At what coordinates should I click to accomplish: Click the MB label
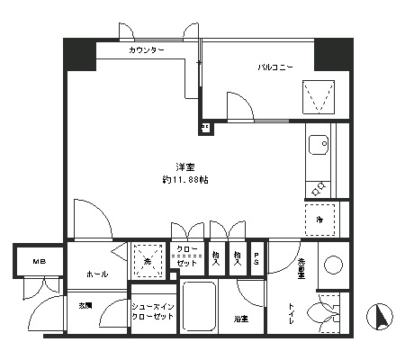point(40,262)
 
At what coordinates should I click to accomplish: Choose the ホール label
point(97,274)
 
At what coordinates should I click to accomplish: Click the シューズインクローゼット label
point(151,311)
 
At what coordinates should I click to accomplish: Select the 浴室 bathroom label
point(241,319)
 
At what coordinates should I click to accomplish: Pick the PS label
point(257,258)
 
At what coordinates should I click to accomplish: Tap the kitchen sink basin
point(318,145)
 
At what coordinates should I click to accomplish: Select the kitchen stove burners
point(319,189)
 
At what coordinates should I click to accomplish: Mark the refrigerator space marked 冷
point(319,219)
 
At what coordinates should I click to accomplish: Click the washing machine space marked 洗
point(148,261)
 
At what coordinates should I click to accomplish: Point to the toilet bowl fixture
point(324,312)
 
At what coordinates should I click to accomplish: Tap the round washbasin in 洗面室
point(331,265)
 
